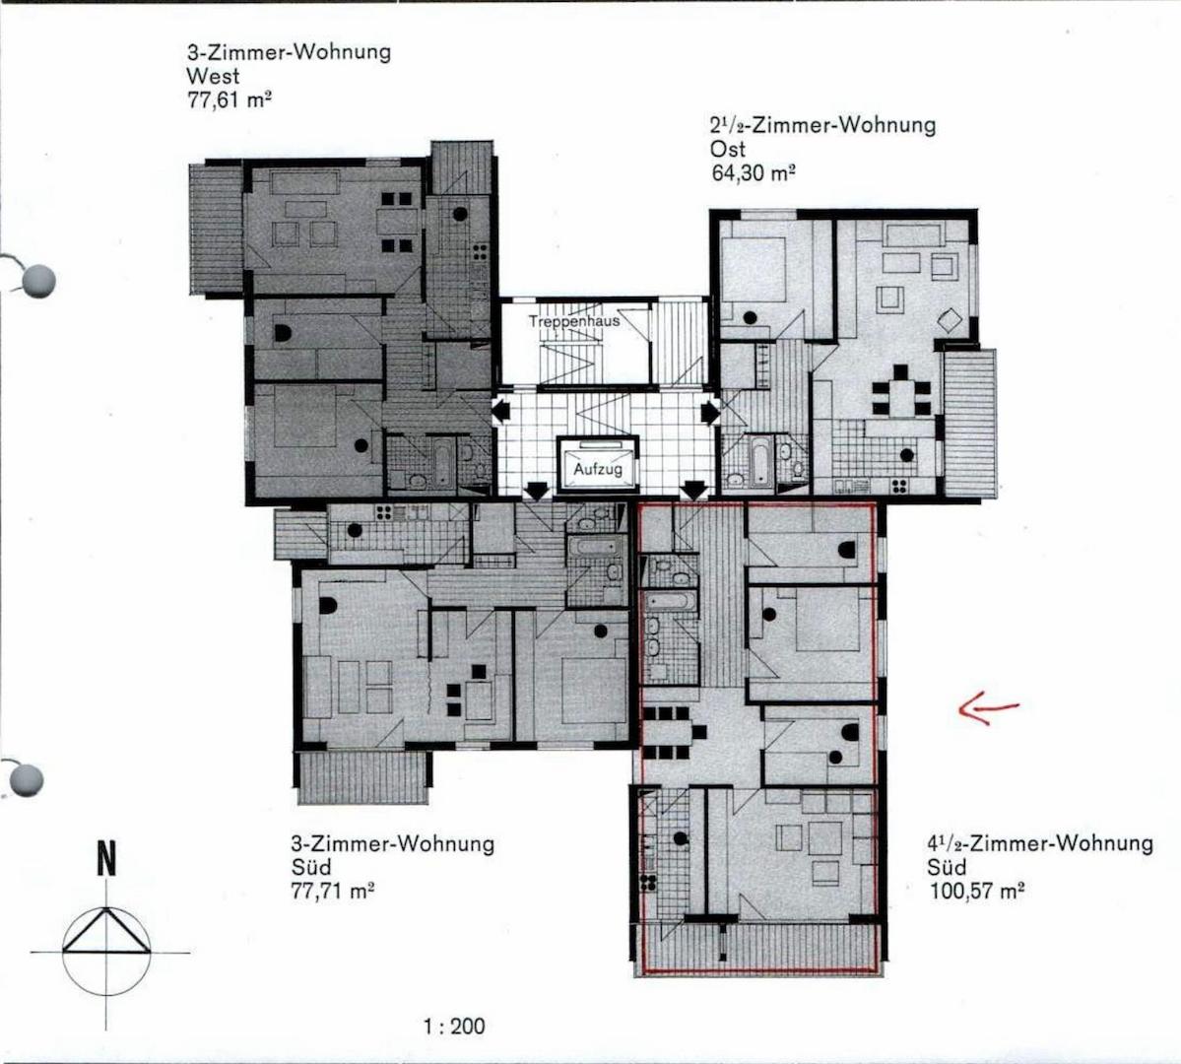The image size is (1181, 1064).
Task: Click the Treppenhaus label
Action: pos(574,321)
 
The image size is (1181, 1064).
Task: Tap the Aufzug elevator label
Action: pos(598,470)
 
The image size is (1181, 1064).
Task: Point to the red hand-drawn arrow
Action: pos(989,709)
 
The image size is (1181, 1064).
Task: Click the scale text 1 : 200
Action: pos(454,1026)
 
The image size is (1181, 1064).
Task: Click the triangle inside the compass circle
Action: pos(106,932)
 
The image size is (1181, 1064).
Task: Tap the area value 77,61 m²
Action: pos(229,100)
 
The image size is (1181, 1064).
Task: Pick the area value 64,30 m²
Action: pos(754,172)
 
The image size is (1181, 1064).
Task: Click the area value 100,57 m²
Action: pos(976,891)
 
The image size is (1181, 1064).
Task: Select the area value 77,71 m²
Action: pos(333,891)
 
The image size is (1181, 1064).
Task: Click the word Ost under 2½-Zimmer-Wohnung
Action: pos(728,149)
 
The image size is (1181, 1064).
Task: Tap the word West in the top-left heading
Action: pos(213,76)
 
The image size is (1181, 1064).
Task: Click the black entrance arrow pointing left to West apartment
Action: pos(501,412)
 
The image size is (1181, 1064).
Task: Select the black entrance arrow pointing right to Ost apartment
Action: pos(709,412)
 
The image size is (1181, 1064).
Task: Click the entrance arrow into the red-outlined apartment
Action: pos(694,491)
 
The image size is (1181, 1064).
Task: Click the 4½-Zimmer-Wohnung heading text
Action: pos(1040,843)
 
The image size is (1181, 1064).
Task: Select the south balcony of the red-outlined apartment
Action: pos(759,948)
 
